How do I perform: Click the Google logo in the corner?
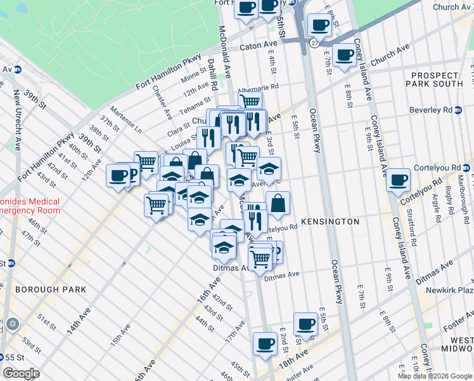pos(21,373)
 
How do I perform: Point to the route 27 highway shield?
pos(315,43)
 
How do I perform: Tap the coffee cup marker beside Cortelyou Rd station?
pos(398,179)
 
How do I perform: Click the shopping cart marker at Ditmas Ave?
pos(260,258)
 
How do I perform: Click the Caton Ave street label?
pos(259,48)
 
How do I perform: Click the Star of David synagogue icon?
pos(13,324)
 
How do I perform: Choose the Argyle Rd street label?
pos(438,207)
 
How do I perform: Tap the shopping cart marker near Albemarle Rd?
pos(250,101)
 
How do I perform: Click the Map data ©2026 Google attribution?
pos(435,376)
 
